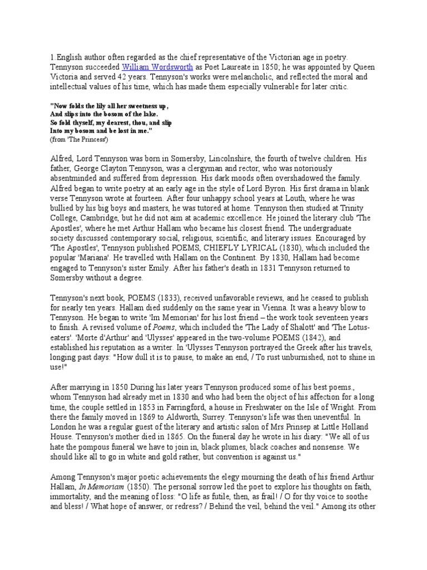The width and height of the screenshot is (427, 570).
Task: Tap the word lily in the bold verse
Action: click(96, 106)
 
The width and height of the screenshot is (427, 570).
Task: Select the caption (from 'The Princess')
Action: click(80, 138)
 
